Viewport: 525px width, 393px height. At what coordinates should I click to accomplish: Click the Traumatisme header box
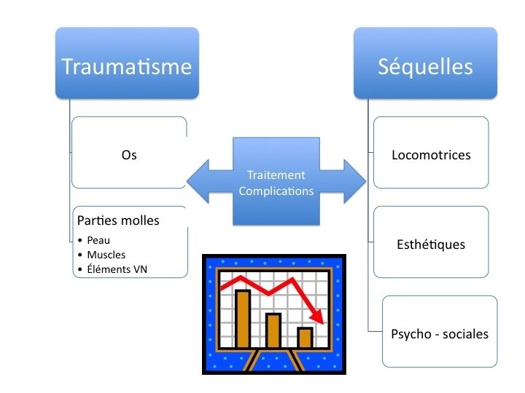(x=127, y=67)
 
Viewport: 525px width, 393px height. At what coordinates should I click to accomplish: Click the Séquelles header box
(x=425, y=67)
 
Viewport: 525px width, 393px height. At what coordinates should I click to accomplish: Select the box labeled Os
(x=129, y=155)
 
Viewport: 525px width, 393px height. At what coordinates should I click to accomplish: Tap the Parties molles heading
(x=117, y=221)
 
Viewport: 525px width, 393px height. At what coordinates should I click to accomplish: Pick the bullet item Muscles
(x=106, y=255)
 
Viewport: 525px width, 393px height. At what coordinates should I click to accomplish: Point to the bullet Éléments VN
(x=117, y=271)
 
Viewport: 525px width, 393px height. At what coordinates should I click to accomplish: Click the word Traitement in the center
(x=276, y=175)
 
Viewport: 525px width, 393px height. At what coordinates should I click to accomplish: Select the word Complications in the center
(x=276, y=191)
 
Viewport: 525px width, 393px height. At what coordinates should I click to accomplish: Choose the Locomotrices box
(x=431, y=155)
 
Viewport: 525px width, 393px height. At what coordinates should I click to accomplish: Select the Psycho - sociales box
(x=440, y=334)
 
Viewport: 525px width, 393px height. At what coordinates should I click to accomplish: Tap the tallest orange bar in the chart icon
(x=244, y=319)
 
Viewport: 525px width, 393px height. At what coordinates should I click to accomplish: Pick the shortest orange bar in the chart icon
(x=305, y=338)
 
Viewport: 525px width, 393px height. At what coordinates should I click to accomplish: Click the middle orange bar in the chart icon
(x=273, y=330)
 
